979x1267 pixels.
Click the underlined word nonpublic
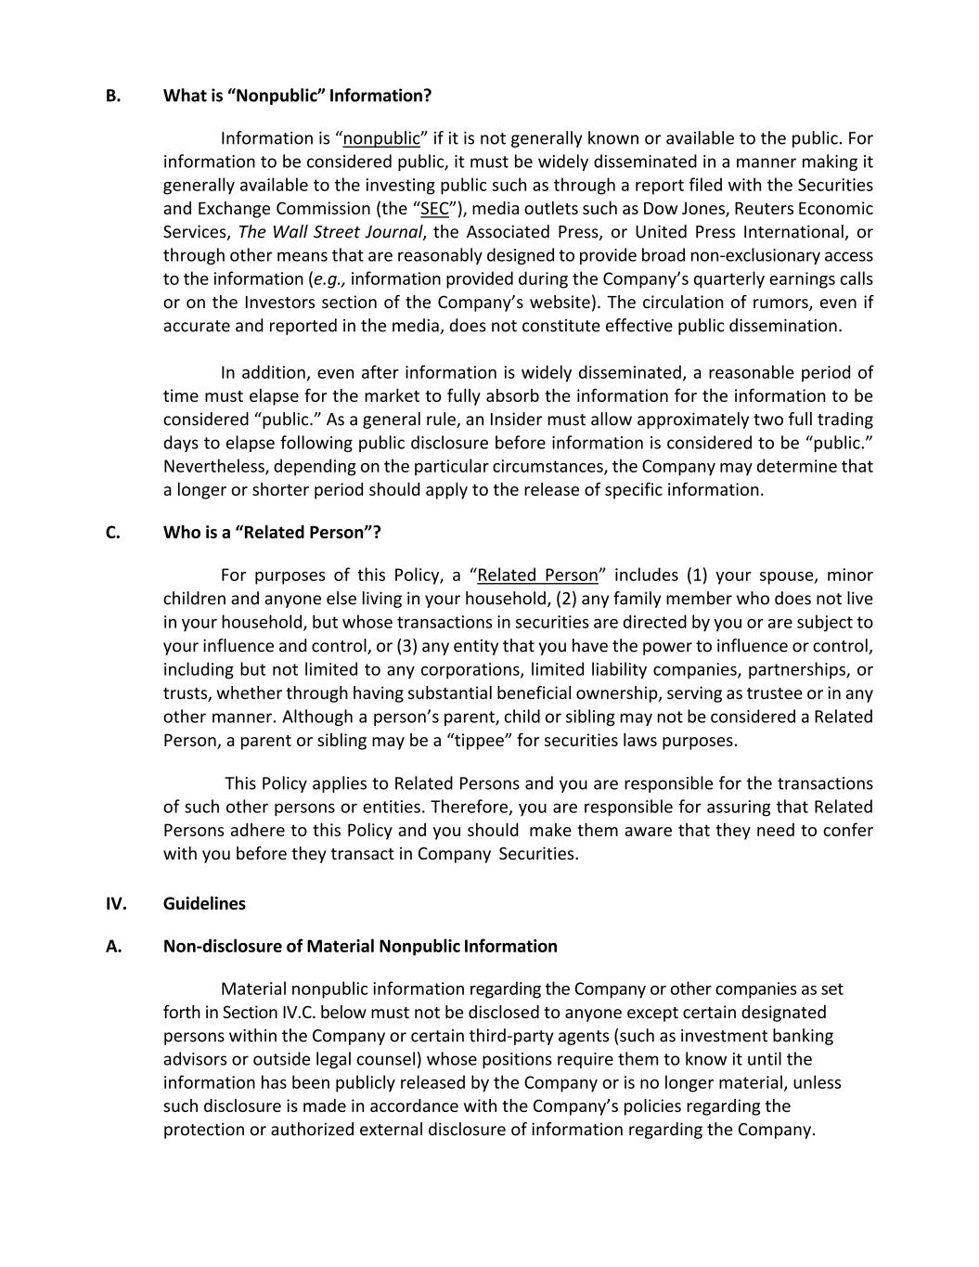coord(381,139)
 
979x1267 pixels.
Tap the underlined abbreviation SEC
coord(434,209)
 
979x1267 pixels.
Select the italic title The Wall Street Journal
coord(331,232)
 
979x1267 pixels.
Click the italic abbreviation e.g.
coord(329,279)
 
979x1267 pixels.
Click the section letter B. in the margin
coord(113,96)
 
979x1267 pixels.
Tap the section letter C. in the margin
coord(113,533)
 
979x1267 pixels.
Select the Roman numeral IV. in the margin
coord(116,903)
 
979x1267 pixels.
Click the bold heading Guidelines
coord(204,903)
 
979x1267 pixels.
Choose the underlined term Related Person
coord(537,575)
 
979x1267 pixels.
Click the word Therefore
coord(470,808)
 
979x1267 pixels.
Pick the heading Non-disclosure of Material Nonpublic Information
coord(360,947)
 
